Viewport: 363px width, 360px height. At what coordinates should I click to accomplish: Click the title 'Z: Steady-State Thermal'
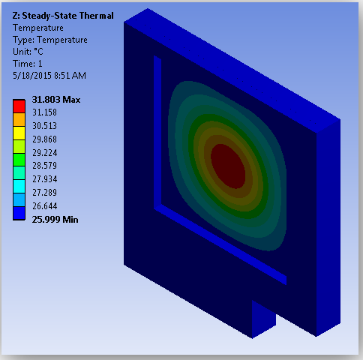[x=63, y=16]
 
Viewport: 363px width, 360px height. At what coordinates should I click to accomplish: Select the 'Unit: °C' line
[x=28, y=52]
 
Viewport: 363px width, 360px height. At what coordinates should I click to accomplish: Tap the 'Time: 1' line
[x=28, y=64]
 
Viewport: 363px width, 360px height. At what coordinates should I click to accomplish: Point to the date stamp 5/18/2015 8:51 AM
[x=49, y=76]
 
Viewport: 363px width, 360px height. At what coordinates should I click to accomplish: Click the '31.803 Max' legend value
[x=56, y=100]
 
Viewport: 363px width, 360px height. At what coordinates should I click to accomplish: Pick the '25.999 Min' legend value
[x=55, y=220]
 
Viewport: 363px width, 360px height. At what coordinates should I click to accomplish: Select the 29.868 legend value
[x=45, y=139]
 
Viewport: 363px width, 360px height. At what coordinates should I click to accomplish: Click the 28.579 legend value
[x=45, y=166]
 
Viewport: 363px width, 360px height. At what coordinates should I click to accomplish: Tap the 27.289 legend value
[x=45, y=193]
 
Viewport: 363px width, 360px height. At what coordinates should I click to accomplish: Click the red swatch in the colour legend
[x=19, y=106]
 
